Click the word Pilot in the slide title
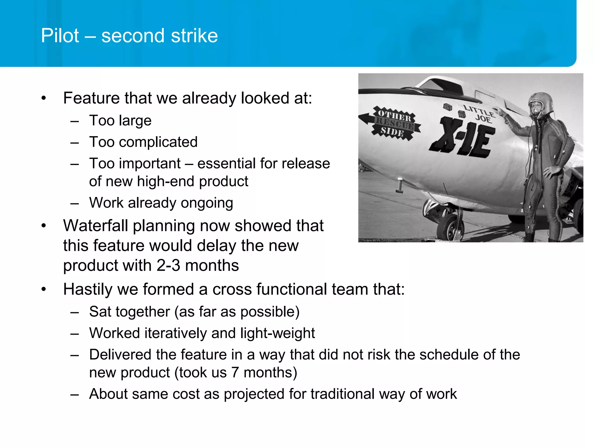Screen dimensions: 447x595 click(60, 36)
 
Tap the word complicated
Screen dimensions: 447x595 click(158, 142)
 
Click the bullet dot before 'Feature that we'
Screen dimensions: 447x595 click(44, 98)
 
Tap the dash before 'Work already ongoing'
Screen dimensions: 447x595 click(74, 203)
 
